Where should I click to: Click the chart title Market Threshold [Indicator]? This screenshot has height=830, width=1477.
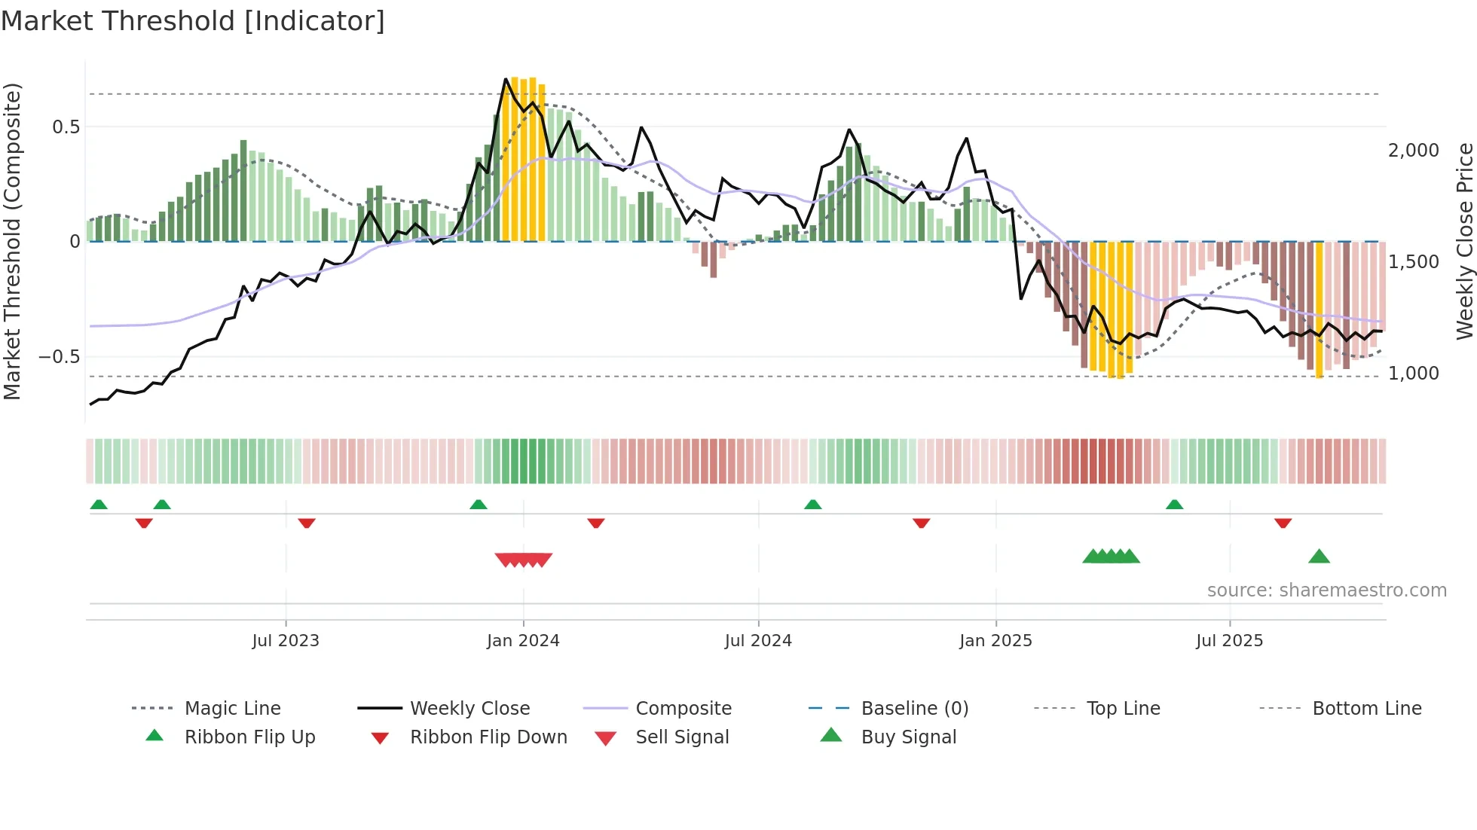[193, 21]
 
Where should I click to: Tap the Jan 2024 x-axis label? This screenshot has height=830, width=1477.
[523, 641]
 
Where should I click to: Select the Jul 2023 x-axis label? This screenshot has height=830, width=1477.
[286, 641]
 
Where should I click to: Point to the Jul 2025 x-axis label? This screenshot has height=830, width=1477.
[1229, 641]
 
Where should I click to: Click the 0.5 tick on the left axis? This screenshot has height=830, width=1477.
[66, 127]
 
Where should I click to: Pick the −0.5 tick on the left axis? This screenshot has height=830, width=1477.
[60, 357]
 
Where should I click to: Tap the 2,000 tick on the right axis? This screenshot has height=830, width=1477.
[1414, 151]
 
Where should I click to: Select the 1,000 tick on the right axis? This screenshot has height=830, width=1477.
[1414, 374]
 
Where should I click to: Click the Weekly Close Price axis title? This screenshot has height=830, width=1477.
[1464, 241]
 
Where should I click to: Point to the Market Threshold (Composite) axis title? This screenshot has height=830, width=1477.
[12, 241]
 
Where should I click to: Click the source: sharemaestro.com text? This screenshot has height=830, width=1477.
[1326, 590]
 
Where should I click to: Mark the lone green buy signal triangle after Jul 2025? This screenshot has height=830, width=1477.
[1319, 557]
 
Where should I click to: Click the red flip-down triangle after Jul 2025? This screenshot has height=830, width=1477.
[1283, 523]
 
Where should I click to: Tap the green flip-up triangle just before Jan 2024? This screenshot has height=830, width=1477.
[479, 505]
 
